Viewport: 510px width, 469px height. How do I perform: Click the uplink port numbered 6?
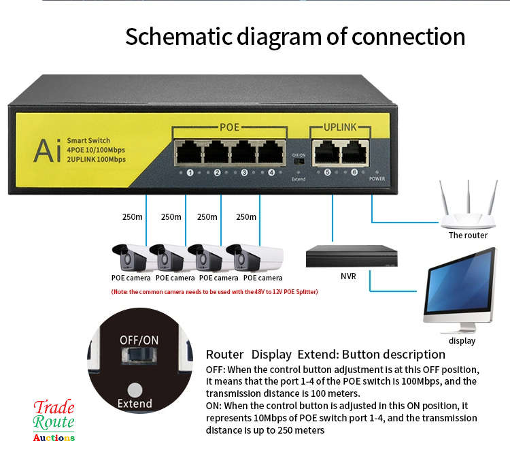[x=355, y=150]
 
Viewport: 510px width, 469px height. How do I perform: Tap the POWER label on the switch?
[x=377, y=178]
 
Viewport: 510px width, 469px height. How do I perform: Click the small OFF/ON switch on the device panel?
[x=298, y=165]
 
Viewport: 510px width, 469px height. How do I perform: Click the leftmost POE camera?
[x=130, y=258]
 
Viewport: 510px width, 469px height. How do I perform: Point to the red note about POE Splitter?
[x=214, y=292]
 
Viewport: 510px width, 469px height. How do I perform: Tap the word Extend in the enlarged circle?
[x=135, y=403]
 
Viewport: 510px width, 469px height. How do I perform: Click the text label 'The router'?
[x=468, y=236]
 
